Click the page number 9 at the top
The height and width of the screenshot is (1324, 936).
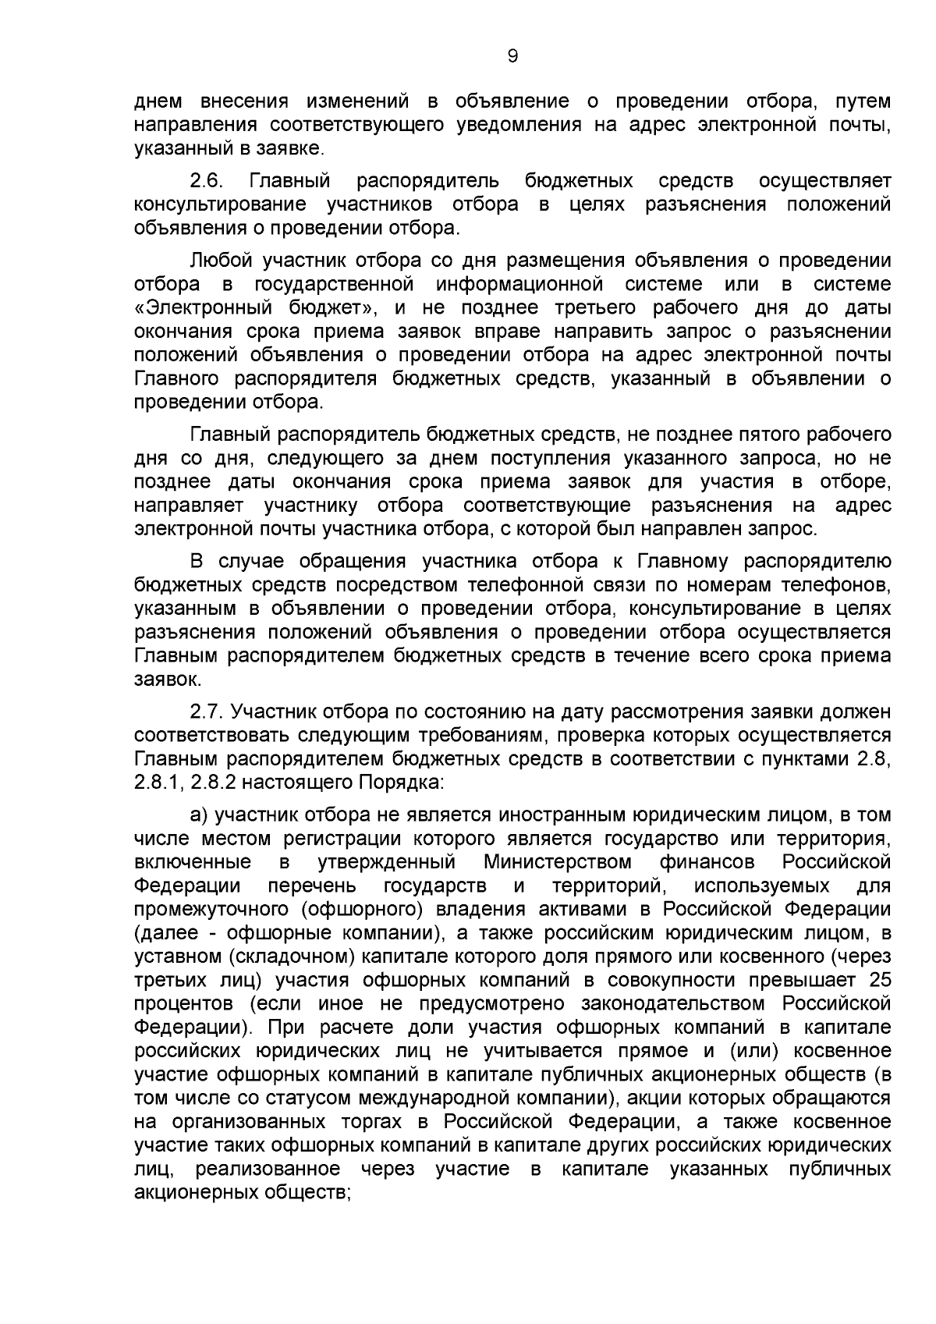[x=512, y=55]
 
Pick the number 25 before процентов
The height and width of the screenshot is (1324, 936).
[x=878, y=979]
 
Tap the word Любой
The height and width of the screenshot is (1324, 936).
[x=221, y=260]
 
